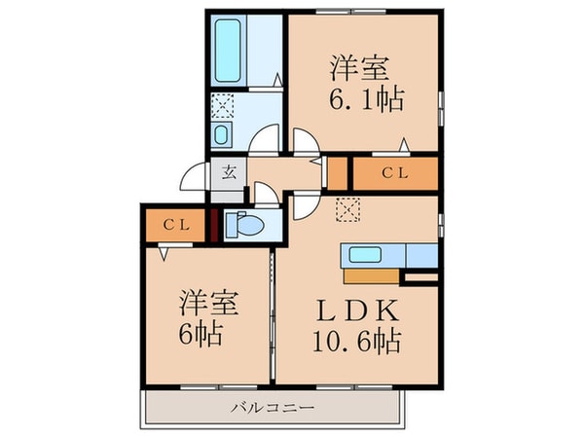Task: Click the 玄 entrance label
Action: tap(230, 174)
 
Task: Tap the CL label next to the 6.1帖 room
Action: tap(394, 173)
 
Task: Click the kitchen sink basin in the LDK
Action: tap(364, 256)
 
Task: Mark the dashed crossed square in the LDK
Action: tap(348, 206)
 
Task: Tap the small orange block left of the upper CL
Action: tap(336, 173)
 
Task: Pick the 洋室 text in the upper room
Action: tap(360, 67)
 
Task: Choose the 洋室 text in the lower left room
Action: tap(207, 303)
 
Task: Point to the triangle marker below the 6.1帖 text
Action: tap(404, 145)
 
